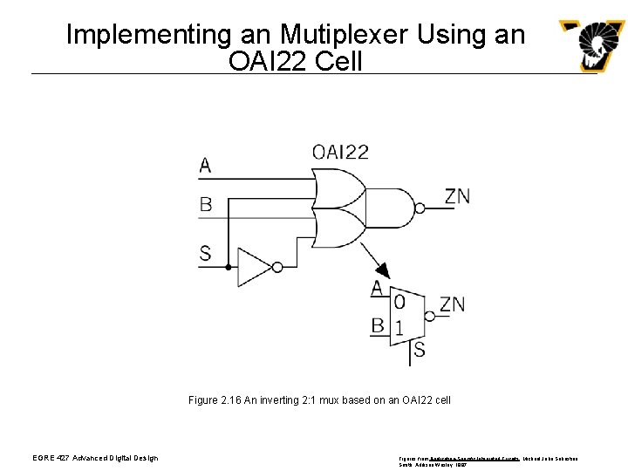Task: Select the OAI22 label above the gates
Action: click(340, 152)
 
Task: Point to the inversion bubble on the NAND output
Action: click(420, 208)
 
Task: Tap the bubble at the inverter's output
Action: click(277, 267)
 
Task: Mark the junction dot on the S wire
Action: click(229, 267)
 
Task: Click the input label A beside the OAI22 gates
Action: click(205, 165)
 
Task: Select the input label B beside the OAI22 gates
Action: click(205, 204)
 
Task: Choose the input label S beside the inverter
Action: click(205, 254)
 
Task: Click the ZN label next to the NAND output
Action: click(457, 197)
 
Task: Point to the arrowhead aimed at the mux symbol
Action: click(382, 270)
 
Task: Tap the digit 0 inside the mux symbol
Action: click(399, 302)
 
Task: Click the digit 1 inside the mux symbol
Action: click(399, 329)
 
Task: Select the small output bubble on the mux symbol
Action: click(428, 315)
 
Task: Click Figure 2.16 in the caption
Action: click(214, 400)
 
